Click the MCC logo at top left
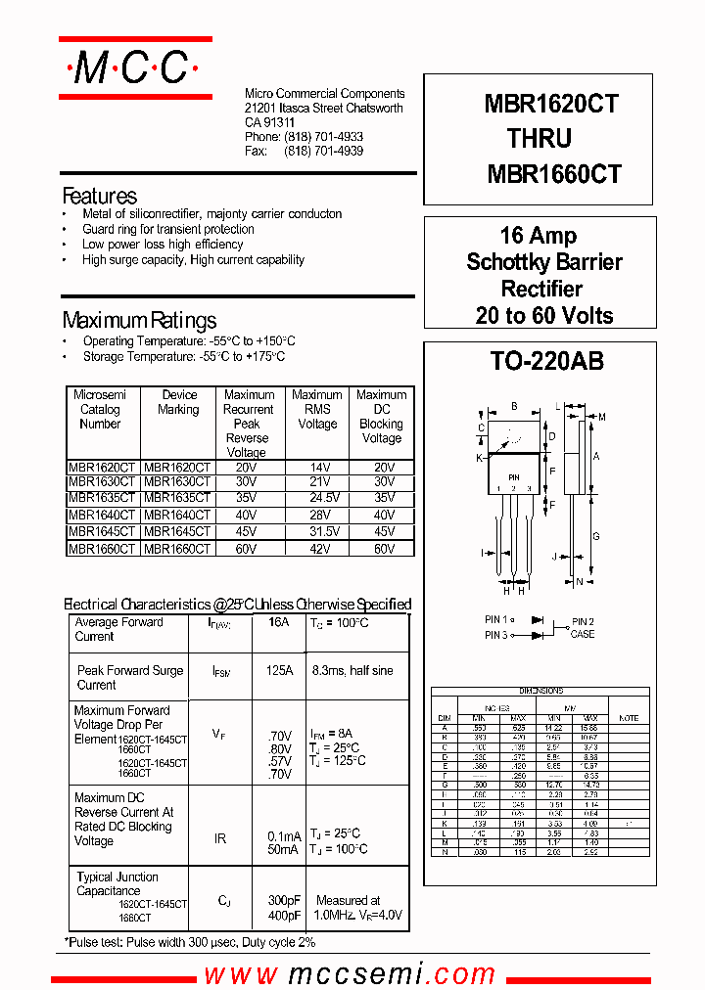[x=135, y=68]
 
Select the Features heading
[x=99, y=196]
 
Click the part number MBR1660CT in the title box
[x=553, y=174]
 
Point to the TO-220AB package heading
[x=546, y=361]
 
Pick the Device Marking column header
[x=178, y=402]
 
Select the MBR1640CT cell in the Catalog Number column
[x=102, y=515]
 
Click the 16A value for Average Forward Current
[x=278, y=622]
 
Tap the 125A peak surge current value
[x=279, y=671]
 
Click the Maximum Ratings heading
[x=139, y=321]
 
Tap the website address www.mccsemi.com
[x=350, y=974]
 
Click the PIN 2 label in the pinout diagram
[x=583, y=621]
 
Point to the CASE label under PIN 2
[x=583, y=634]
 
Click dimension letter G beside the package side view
[x=596, y=536]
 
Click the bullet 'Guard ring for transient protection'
[x=167, y=229]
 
